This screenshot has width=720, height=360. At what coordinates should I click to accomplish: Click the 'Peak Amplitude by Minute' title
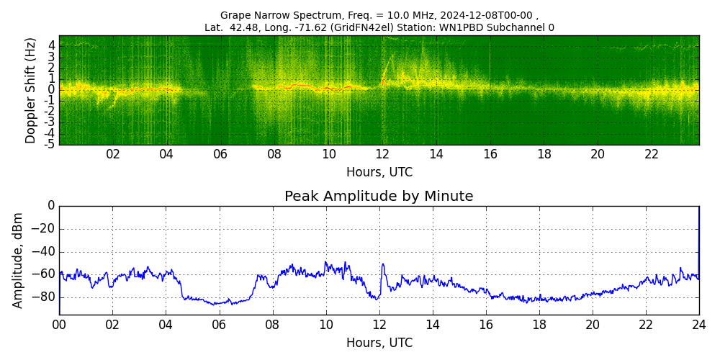pos(379,197)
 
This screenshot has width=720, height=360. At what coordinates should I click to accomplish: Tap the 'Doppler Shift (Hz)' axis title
pos(31,91)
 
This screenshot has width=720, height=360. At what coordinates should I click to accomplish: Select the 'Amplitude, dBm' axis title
pos(18,260)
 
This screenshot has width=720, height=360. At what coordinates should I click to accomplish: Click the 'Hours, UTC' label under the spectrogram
pos(379,173)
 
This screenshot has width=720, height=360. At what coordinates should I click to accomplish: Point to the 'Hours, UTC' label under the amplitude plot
pos(379,343)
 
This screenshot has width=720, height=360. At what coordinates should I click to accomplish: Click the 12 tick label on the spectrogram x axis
pos(382,154)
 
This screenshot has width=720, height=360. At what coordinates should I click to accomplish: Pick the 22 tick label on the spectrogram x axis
pos(652,154)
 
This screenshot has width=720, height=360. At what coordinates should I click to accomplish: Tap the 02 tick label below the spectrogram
pos(113,154)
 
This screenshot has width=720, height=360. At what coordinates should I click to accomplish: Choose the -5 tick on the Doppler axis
pos(50,144)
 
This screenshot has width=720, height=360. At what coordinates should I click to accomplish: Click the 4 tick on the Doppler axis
pos(52,45)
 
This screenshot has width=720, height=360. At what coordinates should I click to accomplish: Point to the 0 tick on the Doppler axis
pos(52,89)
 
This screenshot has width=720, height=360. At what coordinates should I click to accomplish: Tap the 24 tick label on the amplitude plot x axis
pos(698,325)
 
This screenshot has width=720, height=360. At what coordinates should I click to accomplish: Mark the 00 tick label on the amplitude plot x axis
pos(59,325)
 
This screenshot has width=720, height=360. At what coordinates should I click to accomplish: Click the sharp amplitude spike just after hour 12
pos(383,265)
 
